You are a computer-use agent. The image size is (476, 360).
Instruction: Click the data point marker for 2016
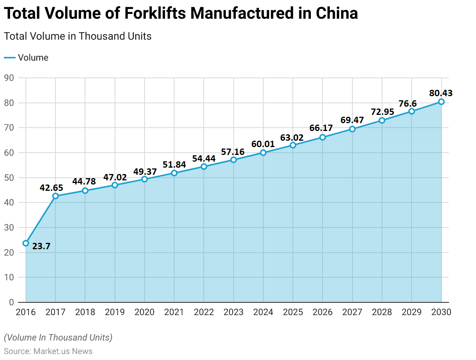click(26, 243)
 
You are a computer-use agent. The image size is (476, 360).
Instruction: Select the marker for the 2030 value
click(441, 102)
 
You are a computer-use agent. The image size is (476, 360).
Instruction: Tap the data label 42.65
click(51, 188)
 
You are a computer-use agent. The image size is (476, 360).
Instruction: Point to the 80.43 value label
click(441, 93)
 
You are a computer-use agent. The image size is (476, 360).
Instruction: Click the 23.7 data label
click(41, 246)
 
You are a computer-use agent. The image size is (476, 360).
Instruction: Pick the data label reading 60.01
click(263, 144)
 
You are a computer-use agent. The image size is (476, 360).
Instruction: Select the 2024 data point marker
click(263, 153)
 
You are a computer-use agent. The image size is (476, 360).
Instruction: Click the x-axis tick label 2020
click(145, 312)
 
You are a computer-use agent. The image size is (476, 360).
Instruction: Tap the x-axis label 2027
click(352, 312)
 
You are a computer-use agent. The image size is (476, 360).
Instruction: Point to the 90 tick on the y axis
click(9, 78)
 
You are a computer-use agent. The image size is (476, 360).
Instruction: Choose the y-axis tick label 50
click(9, 178)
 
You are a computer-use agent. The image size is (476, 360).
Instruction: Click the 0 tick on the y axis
click(11, 302)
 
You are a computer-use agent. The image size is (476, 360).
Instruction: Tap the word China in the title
click(337, 13)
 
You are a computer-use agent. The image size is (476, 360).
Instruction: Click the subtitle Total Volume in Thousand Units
click(78, 36)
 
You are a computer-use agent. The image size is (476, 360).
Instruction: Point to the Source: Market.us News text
click(48, 351)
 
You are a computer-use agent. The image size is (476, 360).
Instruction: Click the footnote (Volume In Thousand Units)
click(58, 338)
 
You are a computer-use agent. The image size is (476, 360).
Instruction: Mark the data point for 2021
click(174, 173)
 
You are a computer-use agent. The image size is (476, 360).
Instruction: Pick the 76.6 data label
click(407, 104)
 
